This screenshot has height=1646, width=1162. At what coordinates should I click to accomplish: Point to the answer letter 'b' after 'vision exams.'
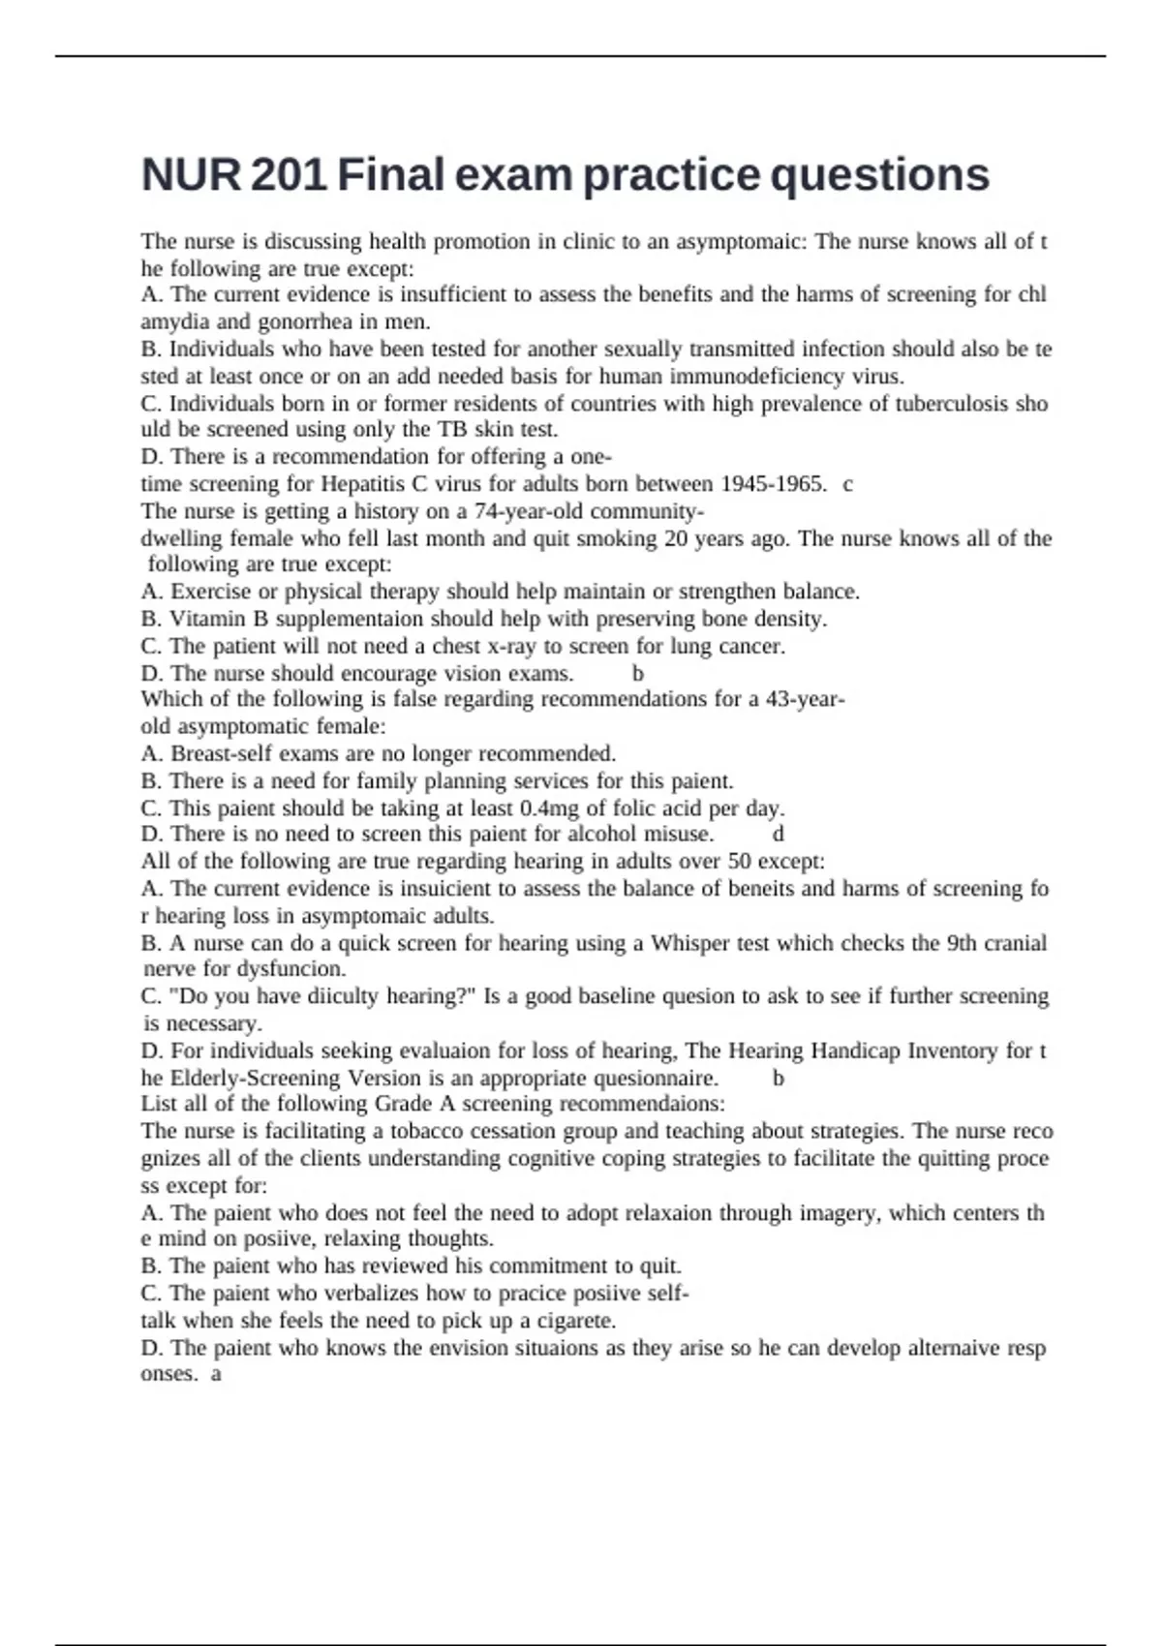638,674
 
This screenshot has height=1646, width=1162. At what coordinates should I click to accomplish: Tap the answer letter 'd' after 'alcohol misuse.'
779,835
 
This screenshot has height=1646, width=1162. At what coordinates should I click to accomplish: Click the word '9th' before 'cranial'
960,943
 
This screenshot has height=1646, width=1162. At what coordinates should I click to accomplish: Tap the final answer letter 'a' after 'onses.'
216,1374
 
